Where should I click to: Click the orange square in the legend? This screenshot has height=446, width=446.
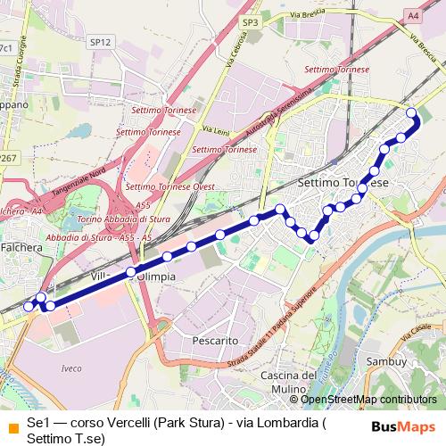click(11, 424)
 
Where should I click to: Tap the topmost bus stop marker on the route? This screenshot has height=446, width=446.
click(411, 112)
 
